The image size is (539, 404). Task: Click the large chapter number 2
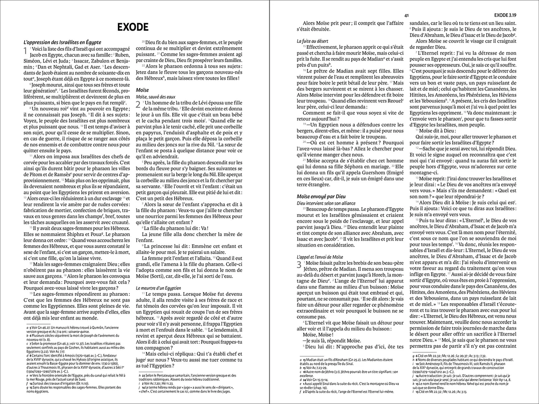(x=138, y=105)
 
